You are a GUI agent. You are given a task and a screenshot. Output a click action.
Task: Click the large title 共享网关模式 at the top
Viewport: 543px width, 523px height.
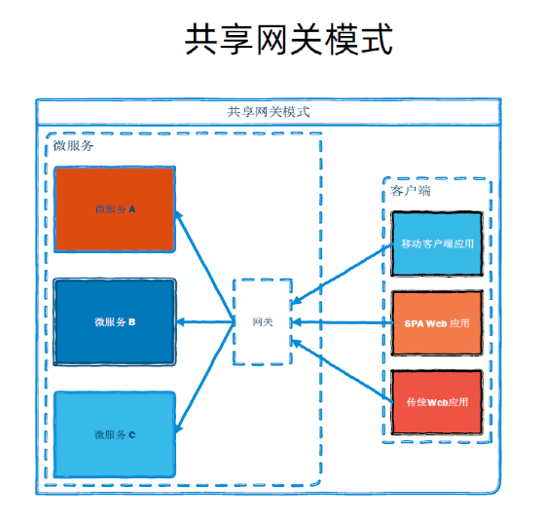pyautogui.click(x=289, y=39)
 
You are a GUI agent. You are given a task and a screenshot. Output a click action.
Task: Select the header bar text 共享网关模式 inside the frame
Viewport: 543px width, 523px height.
pyautogui.click(x=269, y=112)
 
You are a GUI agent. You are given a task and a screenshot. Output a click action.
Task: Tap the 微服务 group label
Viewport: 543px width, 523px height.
pyautogui.click(x=73, y=145)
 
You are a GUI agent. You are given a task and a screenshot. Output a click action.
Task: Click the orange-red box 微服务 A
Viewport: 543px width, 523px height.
pyautogui.click(x=115, y=209)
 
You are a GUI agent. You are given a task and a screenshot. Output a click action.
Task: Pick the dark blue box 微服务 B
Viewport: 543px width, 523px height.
pyautogui.click(x=115, y=322)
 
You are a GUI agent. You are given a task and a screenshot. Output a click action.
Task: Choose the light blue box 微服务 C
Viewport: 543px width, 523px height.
pyautogui.click(x=115, y=434)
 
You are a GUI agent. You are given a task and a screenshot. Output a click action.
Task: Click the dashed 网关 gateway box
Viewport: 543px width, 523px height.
pyautogui.click(x=263, y=321)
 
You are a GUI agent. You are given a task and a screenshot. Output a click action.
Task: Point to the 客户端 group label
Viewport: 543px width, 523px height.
pyautogui.click(x=411, y=191)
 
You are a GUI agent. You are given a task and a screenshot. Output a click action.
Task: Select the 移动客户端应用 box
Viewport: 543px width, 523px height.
pyautogui.click(x=437, y=243)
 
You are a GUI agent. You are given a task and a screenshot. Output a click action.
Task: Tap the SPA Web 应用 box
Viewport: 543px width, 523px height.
pyautogui.click(x=437, y=323)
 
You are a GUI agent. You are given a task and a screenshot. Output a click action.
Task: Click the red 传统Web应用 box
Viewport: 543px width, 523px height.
pyautogui.click(x=437, y=402)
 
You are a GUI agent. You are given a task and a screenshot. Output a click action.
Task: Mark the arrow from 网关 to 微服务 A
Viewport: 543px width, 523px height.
pyautogui.click(x=204, y=266)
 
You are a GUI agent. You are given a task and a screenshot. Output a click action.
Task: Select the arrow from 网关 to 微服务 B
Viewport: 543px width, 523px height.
pyautogui.click(x=205, y=322)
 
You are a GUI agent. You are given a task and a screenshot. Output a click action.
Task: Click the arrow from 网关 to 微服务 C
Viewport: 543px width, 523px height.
pyautogui.click(x=204, y=378)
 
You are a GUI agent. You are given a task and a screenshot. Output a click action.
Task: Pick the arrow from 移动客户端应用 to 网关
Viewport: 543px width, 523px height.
pyautogui.click(x=343, y=274)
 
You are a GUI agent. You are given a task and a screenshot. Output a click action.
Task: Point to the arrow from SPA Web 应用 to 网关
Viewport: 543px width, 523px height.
pyautogui.click(x=344, y=322)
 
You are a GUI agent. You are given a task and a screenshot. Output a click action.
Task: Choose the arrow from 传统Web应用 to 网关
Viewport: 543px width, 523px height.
pyautogui.click(x=343, y=371)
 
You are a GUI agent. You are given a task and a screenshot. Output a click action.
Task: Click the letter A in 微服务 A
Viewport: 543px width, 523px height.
pyautogui.click(x=132, y=209)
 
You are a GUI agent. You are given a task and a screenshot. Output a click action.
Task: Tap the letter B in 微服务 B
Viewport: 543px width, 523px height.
pyautogui.click(x=132, y=322)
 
